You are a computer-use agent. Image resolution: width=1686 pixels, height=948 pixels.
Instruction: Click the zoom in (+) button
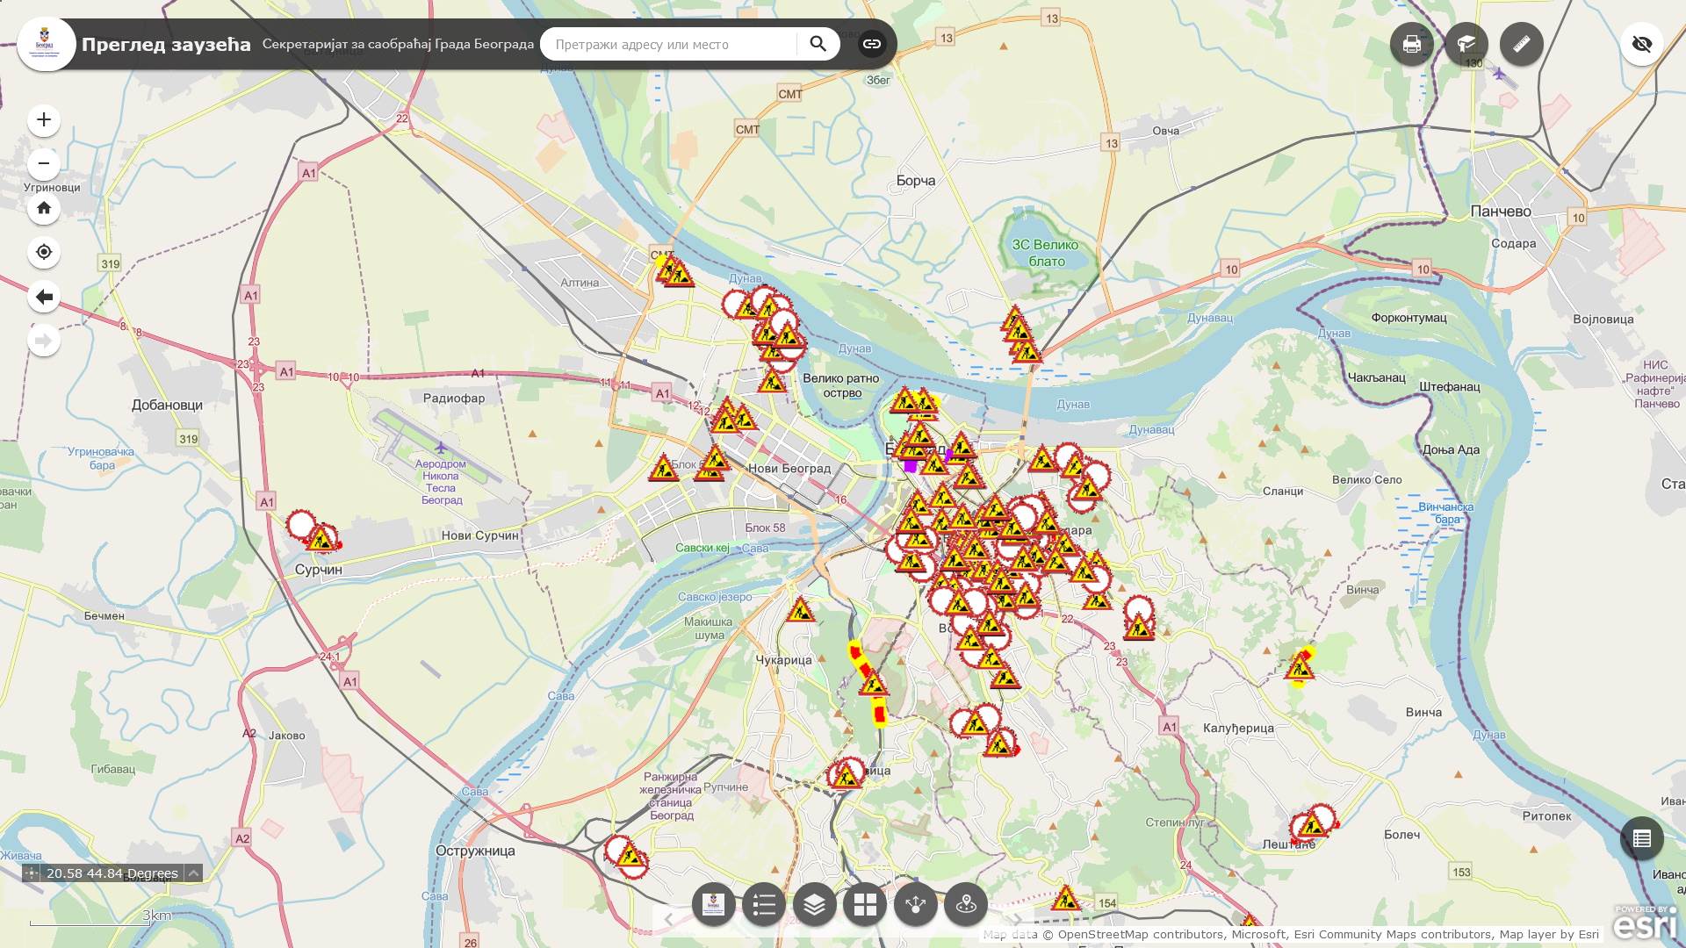pyautogui.click(x=44, y=120)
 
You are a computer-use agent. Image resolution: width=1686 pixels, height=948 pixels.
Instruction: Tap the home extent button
pyautogui.click(x=44, y=209)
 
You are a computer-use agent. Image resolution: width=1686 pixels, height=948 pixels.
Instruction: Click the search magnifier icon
pyautogui.click(x=818, y=44)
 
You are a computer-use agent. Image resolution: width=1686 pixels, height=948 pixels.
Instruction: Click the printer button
pyautogui.click(x=1411, y=44)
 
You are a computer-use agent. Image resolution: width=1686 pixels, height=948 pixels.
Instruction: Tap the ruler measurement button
pyautogui.click(x=1521, y=44)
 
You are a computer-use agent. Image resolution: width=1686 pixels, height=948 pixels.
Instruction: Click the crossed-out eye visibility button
pyautogui.click(x=1641, y=44)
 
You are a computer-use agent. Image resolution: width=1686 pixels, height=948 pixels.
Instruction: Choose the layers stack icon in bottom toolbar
pyautogui.click(x=814, y=904)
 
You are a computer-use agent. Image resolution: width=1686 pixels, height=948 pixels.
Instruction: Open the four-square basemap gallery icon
pyautogui.click(x=865, y=904)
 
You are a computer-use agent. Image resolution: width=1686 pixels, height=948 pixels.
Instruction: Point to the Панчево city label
pyautogui.click(x=1500, y=212)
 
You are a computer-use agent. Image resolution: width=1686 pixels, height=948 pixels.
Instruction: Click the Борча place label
pyautogui.click(x=915, y=181)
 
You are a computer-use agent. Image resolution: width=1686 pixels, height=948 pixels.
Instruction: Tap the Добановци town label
pyautogui.click(x=167, y=406)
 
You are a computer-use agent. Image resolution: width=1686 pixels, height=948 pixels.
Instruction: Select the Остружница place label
pyautogui.click(x=475, y=851)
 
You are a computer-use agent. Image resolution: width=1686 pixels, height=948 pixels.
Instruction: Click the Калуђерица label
pyautogui.click(x=1238, y=728)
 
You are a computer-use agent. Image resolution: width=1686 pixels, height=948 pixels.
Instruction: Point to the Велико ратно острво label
pyautogui.click(x=840, y=385)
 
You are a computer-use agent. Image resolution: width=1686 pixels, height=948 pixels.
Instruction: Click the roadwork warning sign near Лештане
pyautogui.click(x=1313, y=825)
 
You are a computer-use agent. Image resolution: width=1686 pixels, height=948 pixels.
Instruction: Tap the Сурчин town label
pyautogui.click(x=318, y=570)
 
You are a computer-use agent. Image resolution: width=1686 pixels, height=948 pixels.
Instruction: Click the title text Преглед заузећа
pyautogui.click(x=166, y=44)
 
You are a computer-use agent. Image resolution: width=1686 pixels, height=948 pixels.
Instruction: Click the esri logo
pyautogui.click(x=1645, y=923)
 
